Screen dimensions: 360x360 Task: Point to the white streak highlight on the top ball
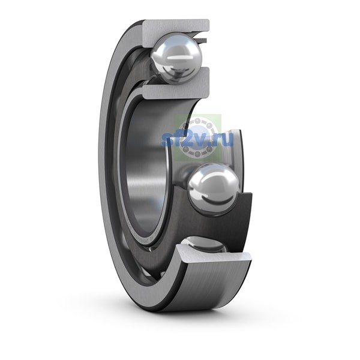pos(178,58)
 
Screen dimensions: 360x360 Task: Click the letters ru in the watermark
pos(224,140)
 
